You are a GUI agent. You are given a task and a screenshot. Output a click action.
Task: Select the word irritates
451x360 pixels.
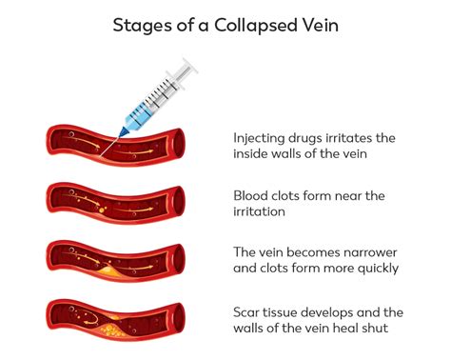363,138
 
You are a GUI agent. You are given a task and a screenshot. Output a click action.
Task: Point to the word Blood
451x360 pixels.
252,196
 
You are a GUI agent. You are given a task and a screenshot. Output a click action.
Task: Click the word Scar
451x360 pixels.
248,311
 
